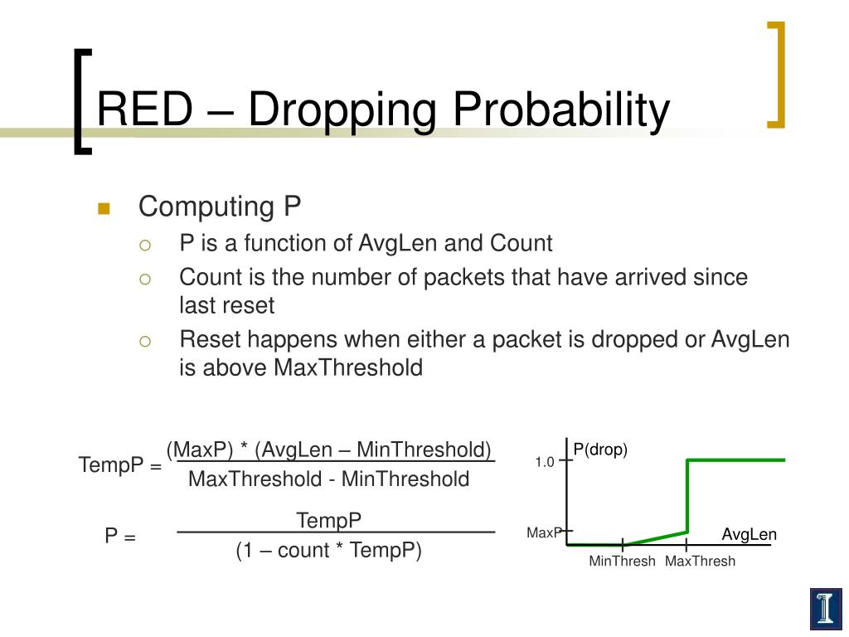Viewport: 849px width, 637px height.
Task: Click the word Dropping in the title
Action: (x=342, y=110)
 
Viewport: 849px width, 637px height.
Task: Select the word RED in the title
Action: (x=144, y=109)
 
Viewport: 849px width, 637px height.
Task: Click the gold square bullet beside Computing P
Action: (x=104, y=208)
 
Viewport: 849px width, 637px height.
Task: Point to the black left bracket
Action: (x=80, y=102)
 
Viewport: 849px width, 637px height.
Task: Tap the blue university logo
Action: (x=826, y=609)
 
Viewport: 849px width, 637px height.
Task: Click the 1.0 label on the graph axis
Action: (x=545, y=462)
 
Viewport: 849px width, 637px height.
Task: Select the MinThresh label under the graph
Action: (x=622, y=562)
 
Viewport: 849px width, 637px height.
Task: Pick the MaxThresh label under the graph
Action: (x=700, y=562)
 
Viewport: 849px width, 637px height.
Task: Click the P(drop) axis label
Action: (x=600, y=450)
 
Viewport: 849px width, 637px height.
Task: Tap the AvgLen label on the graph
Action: (x=750, y=535)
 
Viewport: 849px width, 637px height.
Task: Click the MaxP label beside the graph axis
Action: (x=544, y=533)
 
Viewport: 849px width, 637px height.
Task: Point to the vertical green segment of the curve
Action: (x=687, y=496)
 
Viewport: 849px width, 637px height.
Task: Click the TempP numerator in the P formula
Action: (x=328, y=521)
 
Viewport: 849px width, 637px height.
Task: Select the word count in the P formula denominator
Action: (x=303, y=551)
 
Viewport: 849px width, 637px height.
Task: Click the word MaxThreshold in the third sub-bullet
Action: (x=348, y=367)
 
